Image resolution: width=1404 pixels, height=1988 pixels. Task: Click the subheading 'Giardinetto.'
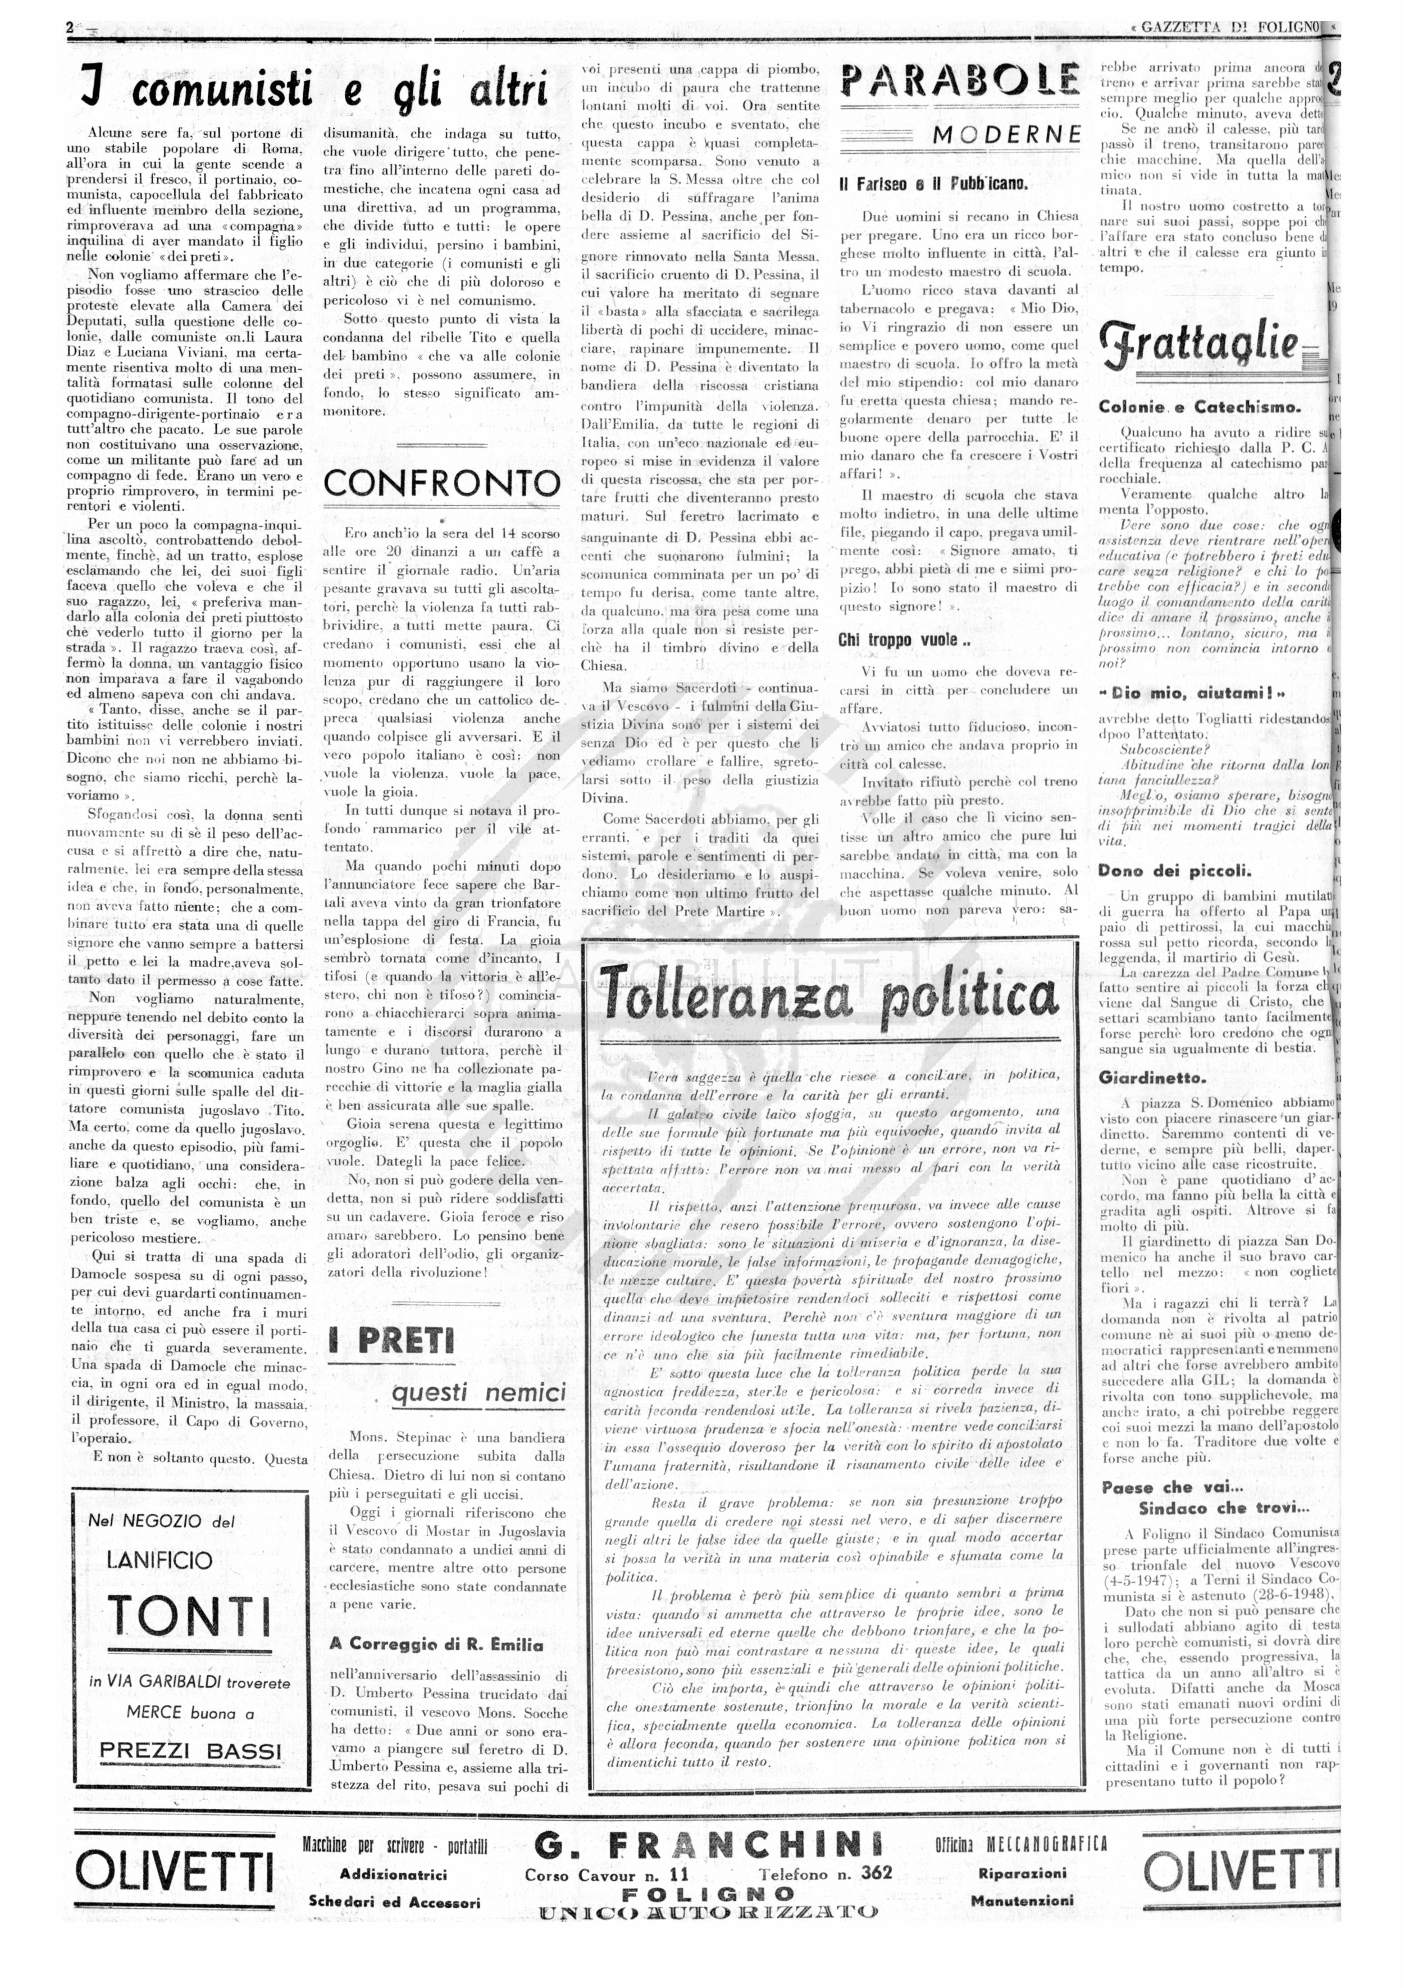pos(1151,1078)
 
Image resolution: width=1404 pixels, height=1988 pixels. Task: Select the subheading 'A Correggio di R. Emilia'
pos(436,1644)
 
